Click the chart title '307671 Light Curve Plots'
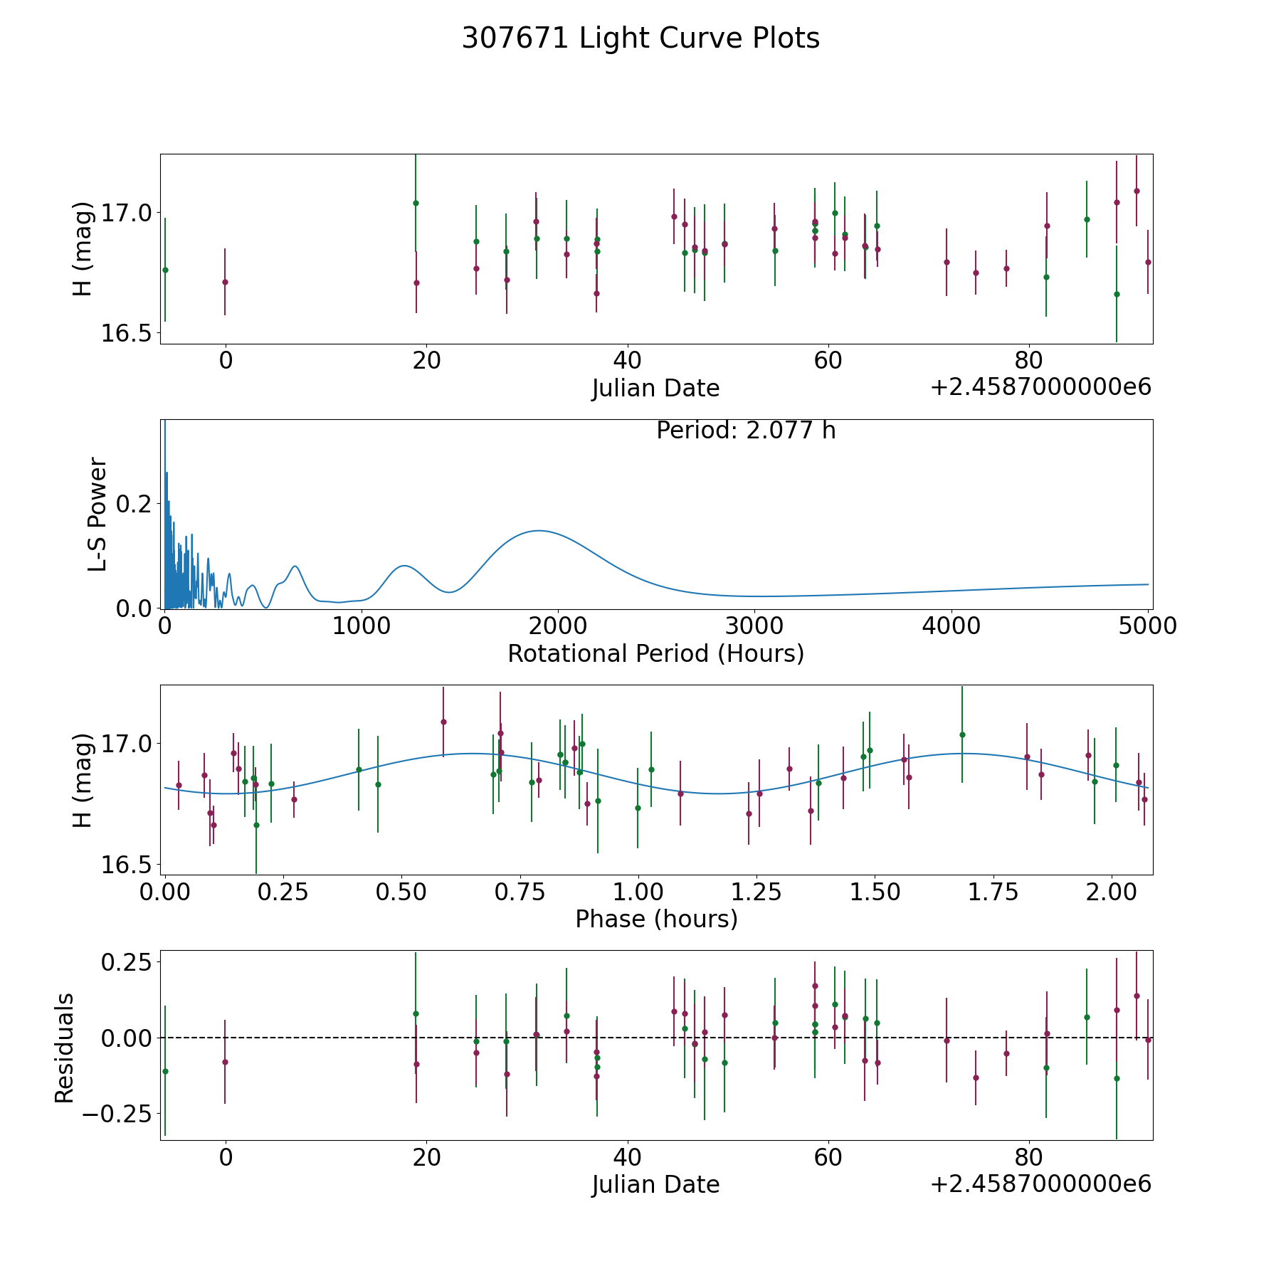point(640,38)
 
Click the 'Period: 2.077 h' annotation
point(745,431)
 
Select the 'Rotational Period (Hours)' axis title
point(655,653)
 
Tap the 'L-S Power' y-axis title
point(97,515)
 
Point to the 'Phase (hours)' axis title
point(655,919)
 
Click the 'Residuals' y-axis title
point(65,1048)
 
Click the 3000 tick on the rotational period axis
point(754,626)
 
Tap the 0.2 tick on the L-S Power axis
point(134,504)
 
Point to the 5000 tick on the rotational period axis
point(1147,626)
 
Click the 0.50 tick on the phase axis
point(401,892)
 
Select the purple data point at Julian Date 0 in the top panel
point(225,282)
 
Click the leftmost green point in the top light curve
point(165,270)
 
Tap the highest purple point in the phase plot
point(443,722)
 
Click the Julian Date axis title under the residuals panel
point(655,1184)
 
